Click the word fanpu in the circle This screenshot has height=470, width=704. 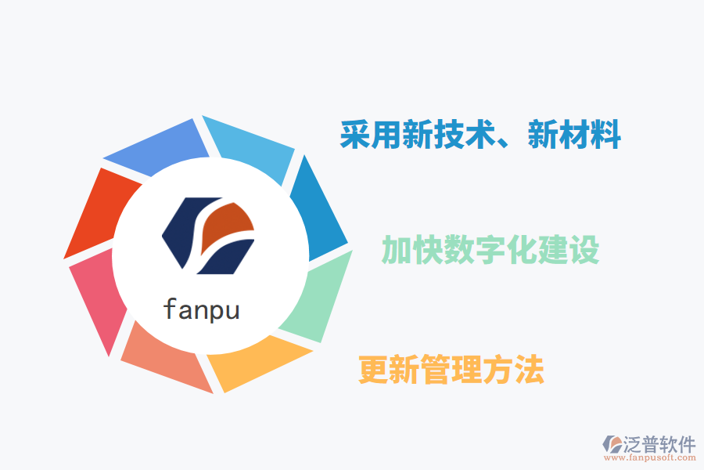click(201, 309)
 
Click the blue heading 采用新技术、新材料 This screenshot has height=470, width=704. click(480, 135)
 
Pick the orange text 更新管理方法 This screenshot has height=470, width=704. click(451, 370)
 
